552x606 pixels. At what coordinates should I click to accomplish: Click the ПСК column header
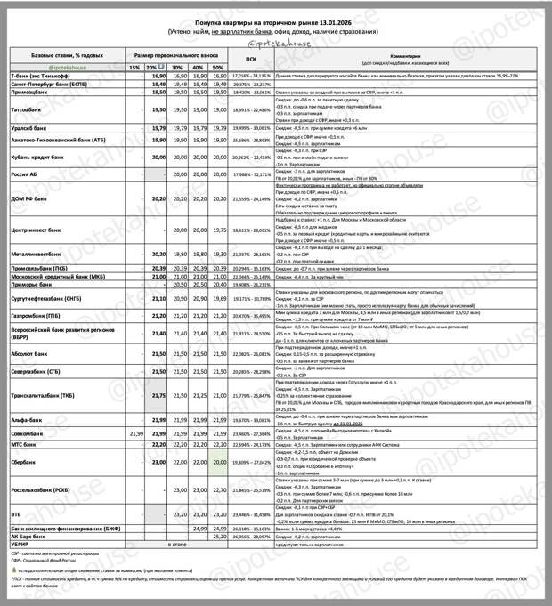(x=250, y=61)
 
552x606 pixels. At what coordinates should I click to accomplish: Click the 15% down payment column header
(x=134, y=68)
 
